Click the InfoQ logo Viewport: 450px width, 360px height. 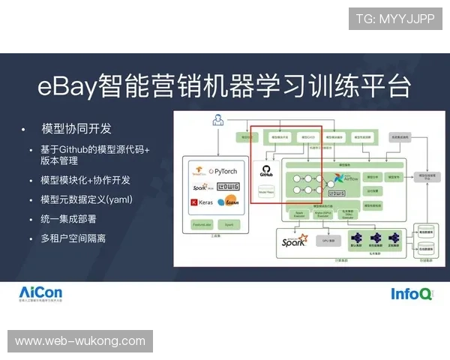(x=411, y=294)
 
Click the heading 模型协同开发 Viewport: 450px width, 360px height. (x=77, y=128)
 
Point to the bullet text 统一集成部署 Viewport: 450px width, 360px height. (x=68, y=219)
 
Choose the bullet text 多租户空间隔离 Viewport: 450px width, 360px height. (x=73, y=238)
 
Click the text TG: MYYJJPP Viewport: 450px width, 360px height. (x=394, y=18)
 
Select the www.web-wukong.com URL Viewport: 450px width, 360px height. (x=80, y=341)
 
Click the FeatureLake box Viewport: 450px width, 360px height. (x=202, y=224)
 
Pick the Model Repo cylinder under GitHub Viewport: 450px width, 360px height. (x=266, y=192)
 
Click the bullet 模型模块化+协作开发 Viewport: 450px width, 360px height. (x=85, y=180)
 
